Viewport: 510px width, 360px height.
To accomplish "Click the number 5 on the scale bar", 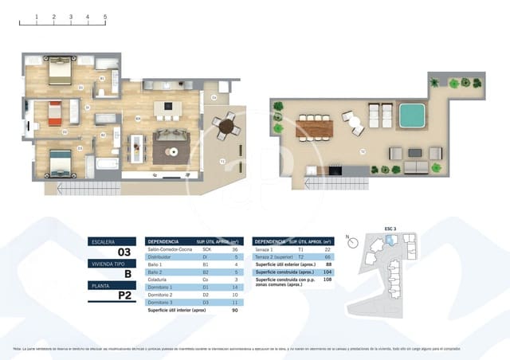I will [x=105, y=16].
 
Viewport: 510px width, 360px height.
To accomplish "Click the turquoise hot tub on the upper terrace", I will [x=411, y=116].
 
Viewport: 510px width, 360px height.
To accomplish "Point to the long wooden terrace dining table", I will [x=313, y=127].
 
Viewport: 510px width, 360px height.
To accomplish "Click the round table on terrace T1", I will [x=227, y=126].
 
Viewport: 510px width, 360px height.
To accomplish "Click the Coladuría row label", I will [x=161, y=280].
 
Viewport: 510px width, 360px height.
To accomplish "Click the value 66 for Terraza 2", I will [x=328, y=257].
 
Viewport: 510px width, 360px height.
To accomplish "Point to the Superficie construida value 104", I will [x=328, y=272].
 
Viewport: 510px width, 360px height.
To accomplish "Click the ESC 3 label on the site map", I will [x=390, y=229].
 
